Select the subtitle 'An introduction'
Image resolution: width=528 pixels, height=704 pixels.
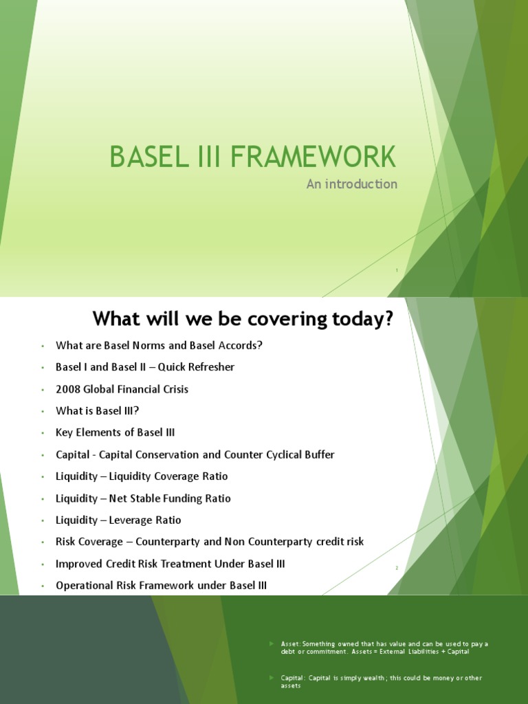(x=351, y=184)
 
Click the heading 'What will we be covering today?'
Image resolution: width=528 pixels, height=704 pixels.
(x=245, y=319)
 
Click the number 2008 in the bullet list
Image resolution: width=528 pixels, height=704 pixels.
(x=67, y=389)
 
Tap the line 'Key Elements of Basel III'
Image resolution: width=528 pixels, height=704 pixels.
(x=115, y=432)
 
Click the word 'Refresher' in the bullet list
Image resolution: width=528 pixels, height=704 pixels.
(x=209, y=367)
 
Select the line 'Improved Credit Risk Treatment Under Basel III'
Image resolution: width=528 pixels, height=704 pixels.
(x=170, y=564)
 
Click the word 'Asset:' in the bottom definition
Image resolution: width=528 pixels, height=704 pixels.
(x=291, y=644)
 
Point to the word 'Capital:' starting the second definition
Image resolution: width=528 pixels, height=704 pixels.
(x=294, y=678)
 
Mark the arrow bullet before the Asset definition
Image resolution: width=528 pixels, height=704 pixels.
(x=271, y=643)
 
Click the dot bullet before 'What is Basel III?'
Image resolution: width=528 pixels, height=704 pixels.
(x=41, y=411)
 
